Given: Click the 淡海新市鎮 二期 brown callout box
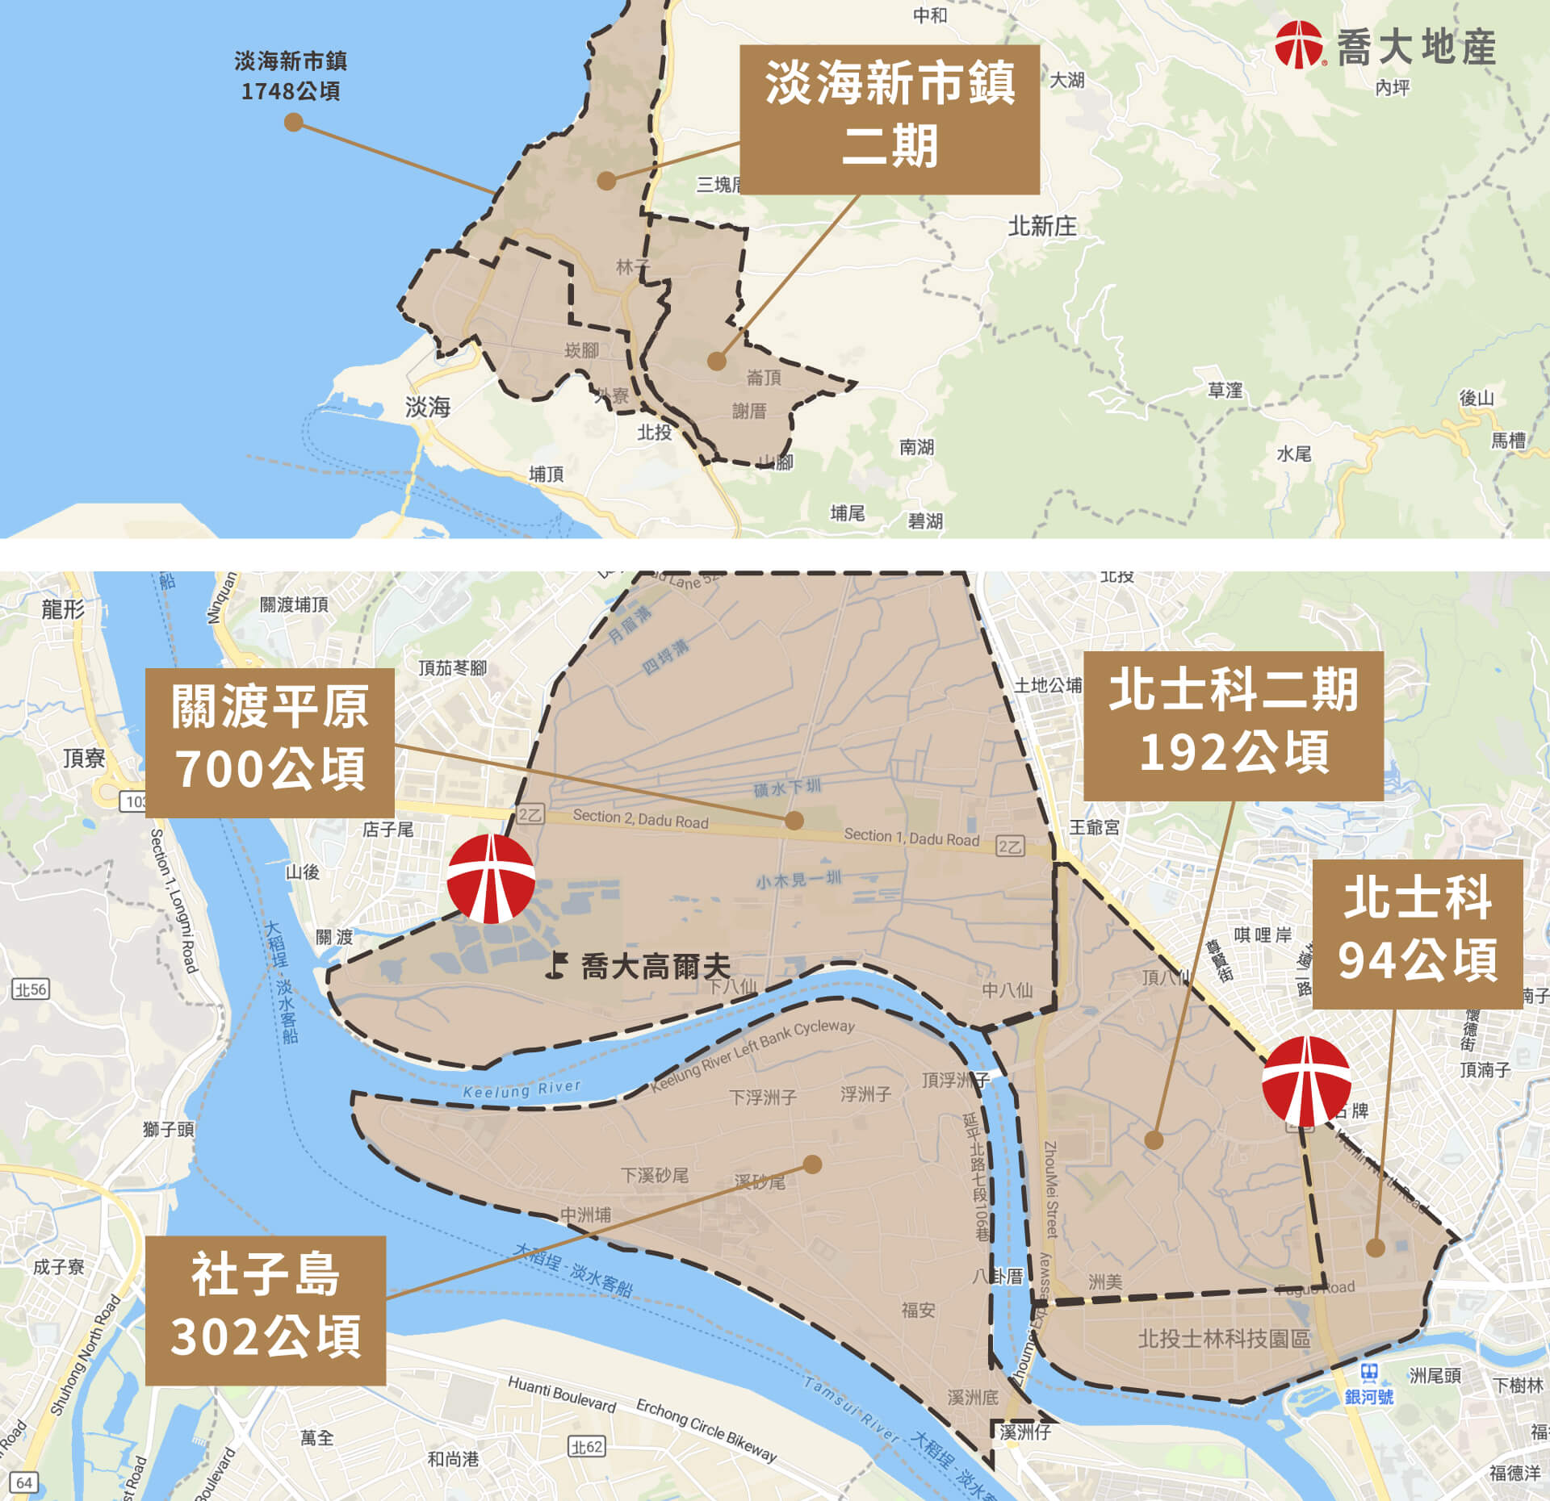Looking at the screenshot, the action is [x=889, y=119].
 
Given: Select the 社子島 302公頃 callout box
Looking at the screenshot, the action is [x=265, y=1310].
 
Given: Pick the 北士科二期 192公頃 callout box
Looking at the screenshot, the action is [x=1233, y=725].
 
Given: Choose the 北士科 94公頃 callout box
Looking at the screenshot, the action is [x=1417, y=933].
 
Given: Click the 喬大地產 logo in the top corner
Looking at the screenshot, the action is [x=1385, y=45].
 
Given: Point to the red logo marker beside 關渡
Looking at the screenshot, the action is [x=491, y=878].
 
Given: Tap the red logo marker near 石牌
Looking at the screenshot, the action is [x=1306, y=1081].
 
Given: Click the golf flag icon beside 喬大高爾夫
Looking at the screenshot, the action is [x=556, y=965].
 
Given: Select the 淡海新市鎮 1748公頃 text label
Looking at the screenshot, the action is [x=291, y=76].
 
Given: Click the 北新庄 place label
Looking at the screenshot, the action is [x=1041, y=226].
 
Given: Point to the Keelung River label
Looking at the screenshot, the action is [x=522, y=1090].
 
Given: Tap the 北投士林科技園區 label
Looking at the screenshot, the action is [x=1224, y=1339].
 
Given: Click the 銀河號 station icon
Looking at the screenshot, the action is [x=1369, y=1372].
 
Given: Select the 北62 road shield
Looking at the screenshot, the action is [x=587, y=1446].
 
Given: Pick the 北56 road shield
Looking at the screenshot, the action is [x=31, y=989].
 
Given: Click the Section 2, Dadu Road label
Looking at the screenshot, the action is [x=640, y=819].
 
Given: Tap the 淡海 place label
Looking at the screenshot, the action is [x=427, y=407].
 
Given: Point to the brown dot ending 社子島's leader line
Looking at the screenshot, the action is [x=813, y=1164].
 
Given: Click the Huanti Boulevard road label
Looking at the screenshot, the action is [x=562, y=1395].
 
